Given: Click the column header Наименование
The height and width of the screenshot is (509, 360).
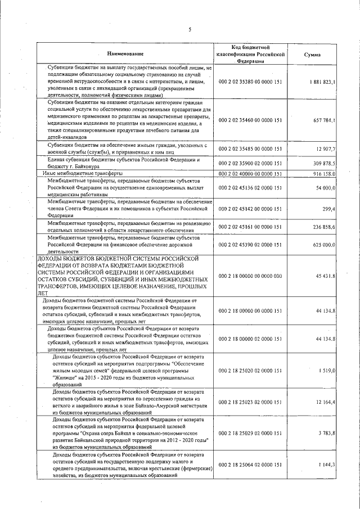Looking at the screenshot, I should [x=125, y=54].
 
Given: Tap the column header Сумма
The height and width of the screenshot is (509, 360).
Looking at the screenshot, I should [x=312, y=55].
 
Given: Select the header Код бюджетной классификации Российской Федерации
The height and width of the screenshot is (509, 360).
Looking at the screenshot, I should [x=251, y=54].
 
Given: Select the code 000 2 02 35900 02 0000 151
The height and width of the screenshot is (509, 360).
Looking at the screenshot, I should [x=251, y=163].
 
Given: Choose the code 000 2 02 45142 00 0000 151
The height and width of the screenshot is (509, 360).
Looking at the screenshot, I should [x=251, y=209].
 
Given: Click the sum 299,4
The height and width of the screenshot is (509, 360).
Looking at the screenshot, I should [x=328, y=209].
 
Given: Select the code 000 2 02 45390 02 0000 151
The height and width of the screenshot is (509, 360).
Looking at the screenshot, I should [x=251, y=245].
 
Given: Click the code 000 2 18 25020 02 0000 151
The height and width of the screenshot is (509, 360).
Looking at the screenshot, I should [x=251, y=371].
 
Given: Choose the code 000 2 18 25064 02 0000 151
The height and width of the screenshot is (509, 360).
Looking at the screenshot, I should [x=251, y=464].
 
